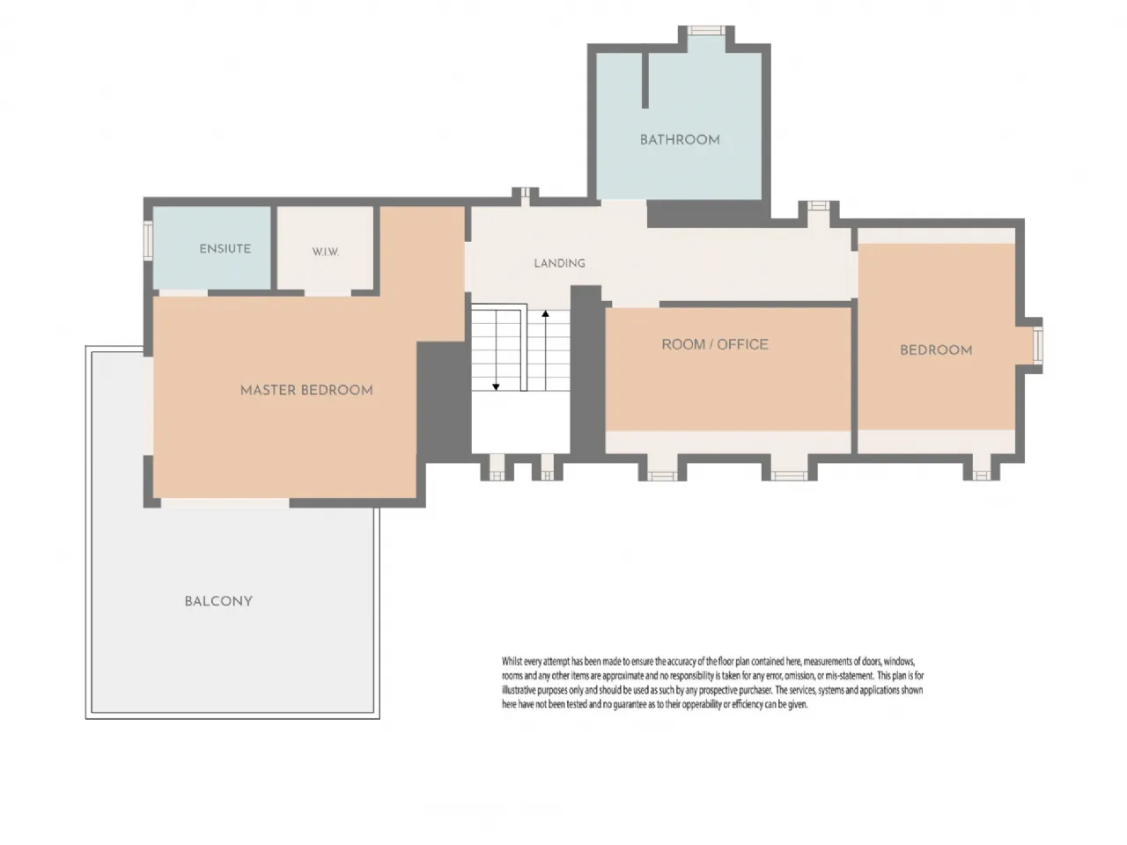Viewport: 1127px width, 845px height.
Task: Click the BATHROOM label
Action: pos(679,140)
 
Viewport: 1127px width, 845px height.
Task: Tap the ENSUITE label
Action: pos(225,249)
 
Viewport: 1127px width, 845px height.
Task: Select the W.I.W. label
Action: pos(326,252)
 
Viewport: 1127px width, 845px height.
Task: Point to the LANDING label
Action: pos(559,263)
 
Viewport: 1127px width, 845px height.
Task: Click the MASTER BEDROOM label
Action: pos(306,391)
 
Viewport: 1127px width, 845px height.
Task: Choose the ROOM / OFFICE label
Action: pos(715,344)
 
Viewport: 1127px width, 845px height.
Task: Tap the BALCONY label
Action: pos(218,601)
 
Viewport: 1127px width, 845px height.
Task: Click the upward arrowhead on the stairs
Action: pos(545,313)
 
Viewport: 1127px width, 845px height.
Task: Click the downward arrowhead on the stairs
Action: pos(496,386)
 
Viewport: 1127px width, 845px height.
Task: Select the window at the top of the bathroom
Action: pos(706,30)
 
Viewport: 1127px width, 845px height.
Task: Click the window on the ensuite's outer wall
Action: pos(148,240)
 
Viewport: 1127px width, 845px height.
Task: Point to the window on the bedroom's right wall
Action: pos(1038,345)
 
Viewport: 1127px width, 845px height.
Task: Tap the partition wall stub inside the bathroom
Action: pos(645,81)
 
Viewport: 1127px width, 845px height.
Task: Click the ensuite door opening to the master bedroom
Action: pos(183,293)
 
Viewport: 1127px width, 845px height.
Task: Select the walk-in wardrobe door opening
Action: pos(328,293)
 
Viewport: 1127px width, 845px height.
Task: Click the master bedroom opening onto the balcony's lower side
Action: pos(225,503)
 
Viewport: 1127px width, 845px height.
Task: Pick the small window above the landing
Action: pos(526,193)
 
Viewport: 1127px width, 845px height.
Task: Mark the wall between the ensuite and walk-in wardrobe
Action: pos(274,248)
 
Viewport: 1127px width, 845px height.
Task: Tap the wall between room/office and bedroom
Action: pos(854,377)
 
